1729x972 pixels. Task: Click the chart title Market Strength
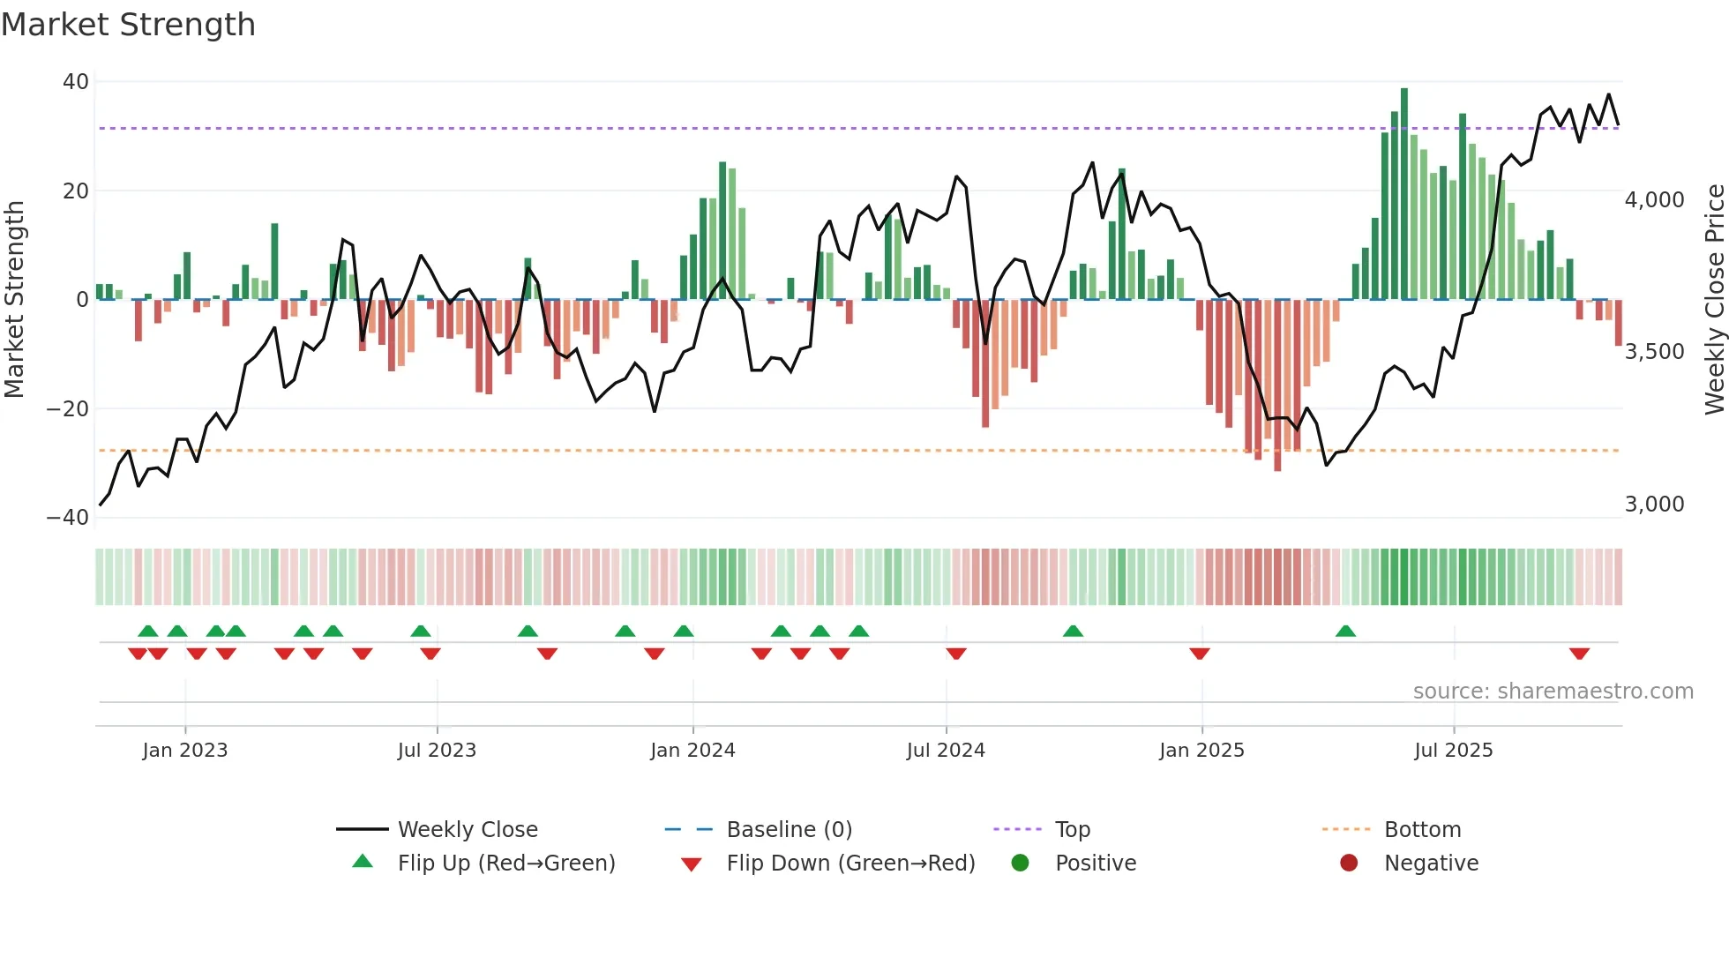coord(128,25)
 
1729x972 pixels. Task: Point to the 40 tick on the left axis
coord(76,82)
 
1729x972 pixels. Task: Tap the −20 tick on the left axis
coord(68,409)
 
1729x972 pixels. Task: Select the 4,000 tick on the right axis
coord(1654,200)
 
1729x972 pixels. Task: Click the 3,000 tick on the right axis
coord(1654,505)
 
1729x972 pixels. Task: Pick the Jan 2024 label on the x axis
coord(692,751)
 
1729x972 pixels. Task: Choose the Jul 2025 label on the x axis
coord(1453,751)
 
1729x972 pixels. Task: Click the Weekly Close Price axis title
coord(1714,300)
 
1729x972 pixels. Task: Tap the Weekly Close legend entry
coord(467,830)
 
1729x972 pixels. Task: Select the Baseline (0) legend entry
coord(789,830)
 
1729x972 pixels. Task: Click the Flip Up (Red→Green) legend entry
coord(505,864)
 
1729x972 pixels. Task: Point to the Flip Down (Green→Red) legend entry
coord(850,864)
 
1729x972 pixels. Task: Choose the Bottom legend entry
coord(1422,830)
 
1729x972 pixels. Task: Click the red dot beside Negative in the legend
coord(1349,864)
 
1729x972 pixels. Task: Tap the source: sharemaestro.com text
coord(1553,692)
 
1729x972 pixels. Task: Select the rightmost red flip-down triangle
coord(1579,654)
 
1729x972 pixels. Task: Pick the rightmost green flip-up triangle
coord(1345,632)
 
